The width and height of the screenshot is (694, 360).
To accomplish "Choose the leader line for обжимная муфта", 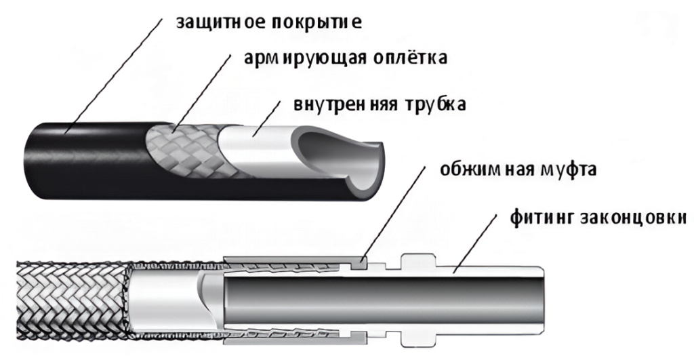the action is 396,217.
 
